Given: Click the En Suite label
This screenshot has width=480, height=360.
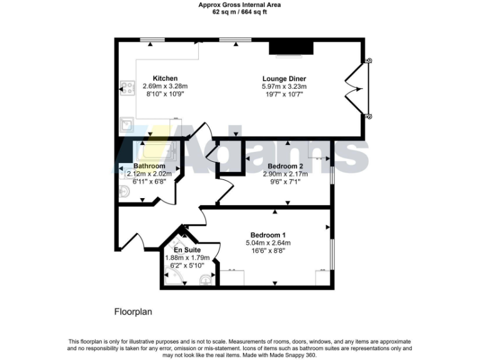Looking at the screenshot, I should point(187,250).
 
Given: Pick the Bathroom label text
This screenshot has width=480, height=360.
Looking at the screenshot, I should point(149,166).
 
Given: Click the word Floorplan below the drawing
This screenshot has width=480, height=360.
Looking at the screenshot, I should point(133,311).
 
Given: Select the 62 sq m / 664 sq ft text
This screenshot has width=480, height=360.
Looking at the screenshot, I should point(239,12).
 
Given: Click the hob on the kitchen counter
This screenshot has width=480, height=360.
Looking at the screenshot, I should point(128,88).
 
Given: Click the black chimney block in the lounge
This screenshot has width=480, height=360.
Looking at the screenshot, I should point(291,49).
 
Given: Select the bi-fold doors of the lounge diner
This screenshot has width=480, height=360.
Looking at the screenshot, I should point(361,88).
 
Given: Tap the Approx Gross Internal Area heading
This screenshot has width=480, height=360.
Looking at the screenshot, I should point(239,5).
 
